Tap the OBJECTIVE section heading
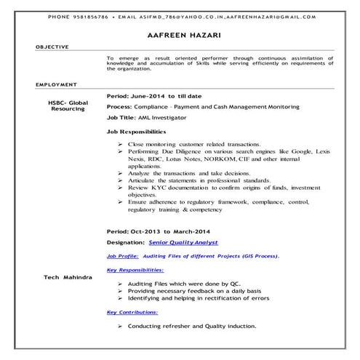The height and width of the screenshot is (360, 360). pyautogui.click(x=53, y=47)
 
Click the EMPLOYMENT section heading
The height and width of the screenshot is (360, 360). pyautogui.click(x=55, y=85)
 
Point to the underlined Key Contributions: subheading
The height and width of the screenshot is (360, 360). pyautogui.click(x=132, y=312)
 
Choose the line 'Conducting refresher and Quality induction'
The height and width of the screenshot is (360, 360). pyautogui.click(x=191, y=327)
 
